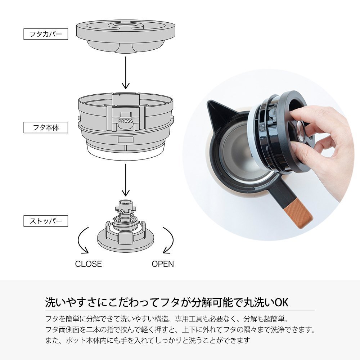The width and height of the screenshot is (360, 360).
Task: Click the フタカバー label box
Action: pyautogui.click(x=46, y=34)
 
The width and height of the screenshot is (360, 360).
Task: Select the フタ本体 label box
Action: pyautogui.click(x=46, y=127)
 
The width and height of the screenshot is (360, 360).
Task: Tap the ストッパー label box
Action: pyautogui.click(x=46, y=221)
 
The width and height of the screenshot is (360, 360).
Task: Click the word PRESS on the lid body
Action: pyautogui.click(x=126, y=121)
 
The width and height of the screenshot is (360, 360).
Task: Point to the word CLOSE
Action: pyautogui.click(x=89, y=264)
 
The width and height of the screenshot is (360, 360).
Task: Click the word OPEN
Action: pyautogui.click(x=163, y=264)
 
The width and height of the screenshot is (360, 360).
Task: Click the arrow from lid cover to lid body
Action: pyautogui.click(x=126, y=73)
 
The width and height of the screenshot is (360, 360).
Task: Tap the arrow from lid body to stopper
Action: pyautogui.click(x=126, y=180)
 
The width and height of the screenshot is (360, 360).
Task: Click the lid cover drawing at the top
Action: pyautogui.click(x=126, y=36)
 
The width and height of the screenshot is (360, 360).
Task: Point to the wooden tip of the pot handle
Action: pyautogui.click(x=298, y=216)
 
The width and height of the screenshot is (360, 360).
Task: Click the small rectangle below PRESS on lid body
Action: pyautogui.click(x=126, y=140)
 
